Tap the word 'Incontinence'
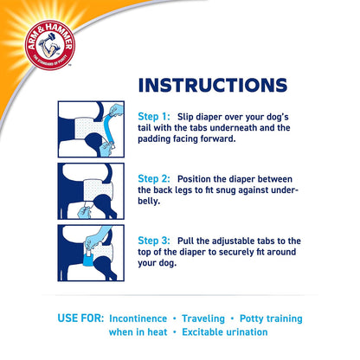coord(151,316)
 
